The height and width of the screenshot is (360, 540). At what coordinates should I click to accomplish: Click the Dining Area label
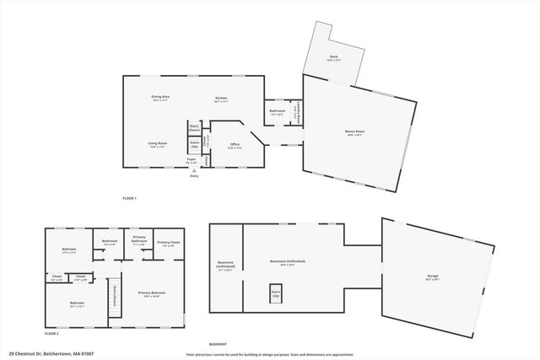[x=160, y=98]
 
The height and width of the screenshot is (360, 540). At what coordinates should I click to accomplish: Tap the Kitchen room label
[x=221, y=98]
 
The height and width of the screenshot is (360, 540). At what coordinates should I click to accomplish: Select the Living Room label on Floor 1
[x=157, y=143]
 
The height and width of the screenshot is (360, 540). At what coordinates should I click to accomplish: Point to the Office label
[x=235, y=144]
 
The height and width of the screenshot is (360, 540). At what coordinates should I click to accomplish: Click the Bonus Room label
[x=355, y=131]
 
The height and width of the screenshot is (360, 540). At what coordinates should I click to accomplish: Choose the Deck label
[x=334, y=56]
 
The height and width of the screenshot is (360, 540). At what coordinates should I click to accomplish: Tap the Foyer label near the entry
[x=192, y=159]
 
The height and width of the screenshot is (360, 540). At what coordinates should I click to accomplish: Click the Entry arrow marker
[x=194, y=170]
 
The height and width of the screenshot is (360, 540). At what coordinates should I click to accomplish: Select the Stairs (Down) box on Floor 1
[x=194, y=127]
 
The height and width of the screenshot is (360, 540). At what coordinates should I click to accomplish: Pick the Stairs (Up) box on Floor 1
[x=194, y=144]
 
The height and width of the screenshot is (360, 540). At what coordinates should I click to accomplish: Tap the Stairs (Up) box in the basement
[x=275, y=293]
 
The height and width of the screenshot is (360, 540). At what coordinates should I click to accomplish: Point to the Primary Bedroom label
[x=149, y=293]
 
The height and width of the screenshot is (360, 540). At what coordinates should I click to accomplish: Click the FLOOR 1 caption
[x=129, y=197]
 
